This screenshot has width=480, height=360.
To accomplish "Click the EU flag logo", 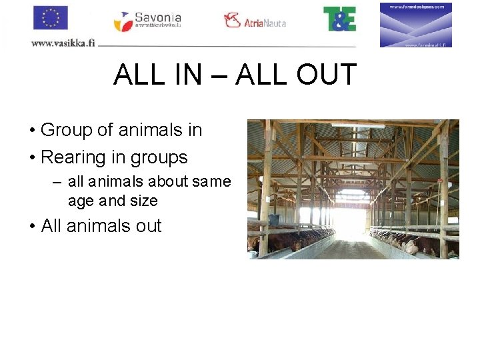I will pos(51,18).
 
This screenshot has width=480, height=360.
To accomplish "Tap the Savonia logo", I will pos(147,21).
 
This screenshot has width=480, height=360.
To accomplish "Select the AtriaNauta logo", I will pos(255,21).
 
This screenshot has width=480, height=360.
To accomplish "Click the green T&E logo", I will pos(339,19).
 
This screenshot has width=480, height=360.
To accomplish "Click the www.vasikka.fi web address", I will pos(63,43).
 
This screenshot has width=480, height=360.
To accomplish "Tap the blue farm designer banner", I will pos(416,25).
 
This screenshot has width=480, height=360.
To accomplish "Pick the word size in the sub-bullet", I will pos(144,201).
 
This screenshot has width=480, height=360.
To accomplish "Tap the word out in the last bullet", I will pos(148,226).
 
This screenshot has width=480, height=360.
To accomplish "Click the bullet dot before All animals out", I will pos(32,227).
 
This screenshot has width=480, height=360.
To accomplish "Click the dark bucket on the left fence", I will pos(273,219).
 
